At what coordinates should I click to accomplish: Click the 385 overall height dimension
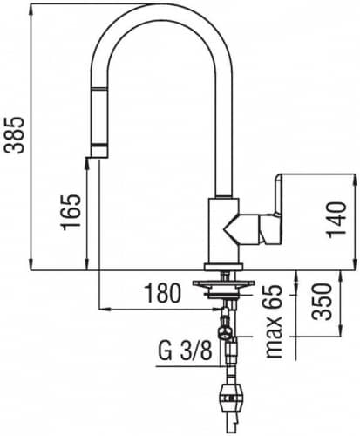(x=14, y=135)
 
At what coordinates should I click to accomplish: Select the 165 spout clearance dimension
(x=71, y=212)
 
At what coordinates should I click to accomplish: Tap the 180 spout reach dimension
(x=163, y=293)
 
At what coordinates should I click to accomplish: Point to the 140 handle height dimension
(x=336, y=220)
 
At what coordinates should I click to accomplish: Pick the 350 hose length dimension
(x=322, y=302)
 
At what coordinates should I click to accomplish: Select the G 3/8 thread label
(x=185, y=351)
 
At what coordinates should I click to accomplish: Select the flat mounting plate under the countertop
(x=224, y=283)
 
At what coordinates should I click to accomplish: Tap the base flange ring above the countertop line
(x=224, y=267)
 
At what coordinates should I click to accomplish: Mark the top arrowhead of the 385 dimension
(x=31, y=9)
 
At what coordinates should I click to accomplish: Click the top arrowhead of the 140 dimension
(x=354, y=179)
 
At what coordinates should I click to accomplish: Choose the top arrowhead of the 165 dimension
(x=86, y=163)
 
